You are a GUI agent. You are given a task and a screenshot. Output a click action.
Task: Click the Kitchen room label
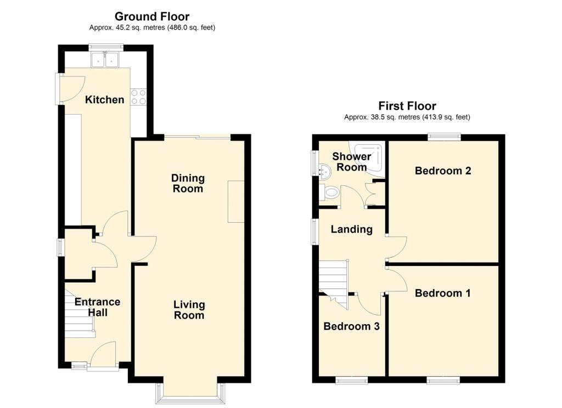coord(105,100)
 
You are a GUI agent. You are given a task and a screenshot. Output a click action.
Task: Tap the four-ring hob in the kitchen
coord(139,97)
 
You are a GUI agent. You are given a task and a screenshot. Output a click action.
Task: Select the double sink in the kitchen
coord(105,60)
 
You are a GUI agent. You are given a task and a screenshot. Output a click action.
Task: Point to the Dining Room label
coord(188,183)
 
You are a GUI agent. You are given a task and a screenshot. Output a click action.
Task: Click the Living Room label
coord(189,310)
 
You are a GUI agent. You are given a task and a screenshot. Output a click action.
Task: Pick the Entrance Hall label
coord(98,307)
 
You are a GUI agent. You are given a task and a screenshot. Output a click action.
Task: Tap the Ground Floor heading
coord(152,16)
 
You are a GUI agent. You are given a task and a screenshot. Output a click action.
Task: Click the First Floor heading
coord(407,106)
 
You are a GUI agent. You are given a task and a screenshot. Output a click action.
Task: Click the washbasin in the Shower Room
coord(325,171)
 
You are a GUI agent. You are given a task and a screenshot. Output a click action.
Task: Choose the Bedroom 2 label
coord(443,171)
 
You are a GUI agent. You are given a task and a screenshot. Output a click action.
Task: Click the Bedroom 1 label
coord(443,293)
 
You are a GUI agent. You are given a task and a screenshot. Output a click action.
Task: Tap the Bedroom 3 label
coord(351,326)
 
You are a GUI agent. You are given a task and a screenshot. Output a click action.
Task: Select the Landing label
coord(352,229)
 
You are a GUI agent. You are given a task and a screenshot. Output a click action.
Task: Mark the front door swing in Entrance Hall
coord(104,354)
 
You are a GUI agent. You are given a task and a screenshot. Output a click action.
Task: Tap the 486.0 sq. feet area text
coord(192,27)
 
